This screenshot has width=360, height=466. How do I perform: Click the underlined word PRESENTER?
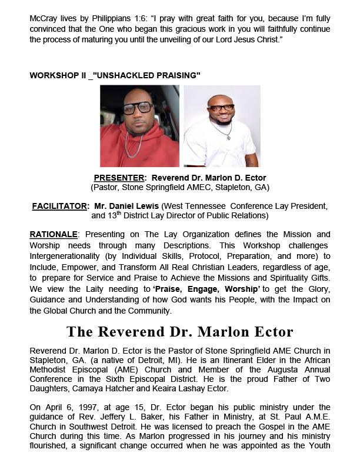(116, 178)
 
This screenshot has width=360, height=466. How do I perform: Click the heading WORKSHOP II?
(58, 75)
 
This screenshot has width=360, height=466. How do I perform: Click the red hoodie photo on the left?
(140, 127)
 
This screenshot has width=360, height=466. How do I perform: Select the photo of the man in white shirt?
(222, 127)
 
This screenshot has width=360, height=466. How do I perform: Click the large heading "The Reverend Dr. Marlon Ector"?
(180, 331)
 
